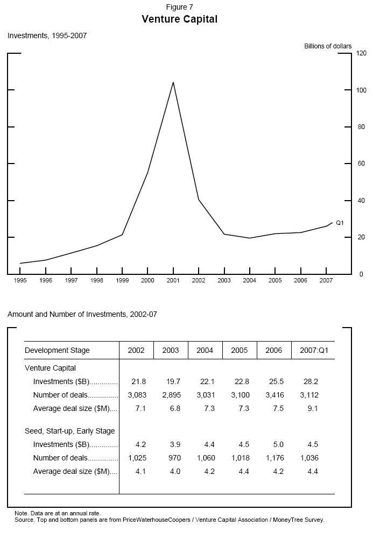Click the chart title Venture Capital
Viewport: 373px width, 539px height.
pos(179,19)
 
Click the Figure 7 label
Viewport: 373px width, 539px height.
pos(179,7)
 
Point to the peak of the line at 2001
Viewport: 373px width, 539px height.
pos(173,82)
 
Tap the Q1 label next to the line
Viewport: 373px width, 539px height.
pos(340,223)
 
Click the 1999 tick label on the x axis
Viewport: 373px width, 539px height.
pos(122,280)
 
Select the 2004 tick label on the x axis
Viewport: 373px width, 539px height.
pos(249,280)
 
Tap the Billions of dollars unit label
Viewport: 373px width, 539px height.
pos(328,46)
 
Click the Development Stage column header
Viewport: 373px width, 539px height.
pos(57,351)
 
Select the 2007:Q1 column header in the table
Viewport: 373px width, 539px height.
pos(313,351)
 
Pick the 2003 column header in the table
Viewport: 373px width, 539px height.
pos(171,351)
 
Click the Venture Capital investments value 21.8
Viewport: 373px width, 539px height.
pos(138,382)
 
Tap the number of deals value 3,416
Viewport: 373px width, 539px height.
pos(273,395)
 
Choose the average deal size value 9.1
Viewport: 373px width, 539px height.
pos(312,409)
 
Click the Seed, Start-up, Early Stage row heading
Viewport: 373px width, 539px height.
pos(69,431)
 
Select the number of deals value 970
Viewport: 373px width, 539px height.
pos(173,458)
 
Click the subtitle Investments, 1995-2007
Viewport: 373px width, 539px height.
pos(47,36)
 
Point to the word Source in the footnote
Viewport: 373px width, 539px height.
pos(24,520)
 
